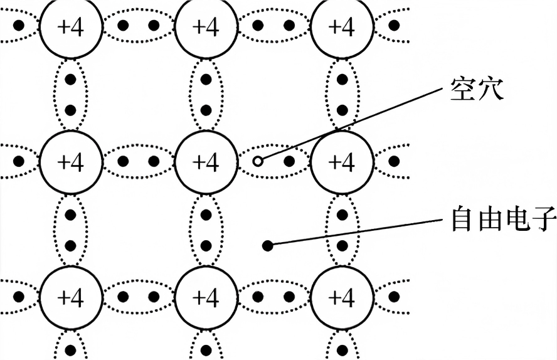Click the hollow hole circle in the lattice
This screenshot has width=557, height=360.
pyautogui.click(x=258, y=162)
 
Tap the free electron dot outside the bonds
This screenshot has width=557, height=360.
pyautogui.click(x=267, y=245)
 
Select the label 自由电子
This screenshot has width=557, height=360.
pyautogui.click(x=503, y=220)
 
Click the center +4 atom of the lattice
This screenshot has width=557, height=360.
pyautogui.click(x=206, y=162)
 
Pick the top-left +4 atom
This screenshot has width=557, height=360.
pyautogui.click(x=71, y=26)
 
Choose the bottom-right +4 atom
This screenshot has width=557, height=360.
pyautogui.click(x=342, y=297)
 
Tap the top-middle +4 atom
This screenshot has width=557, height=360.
pyautogui.click(x=206, y=26)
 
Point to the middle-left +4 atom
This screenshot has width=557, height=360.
pyautogui.click(x=71, y=162)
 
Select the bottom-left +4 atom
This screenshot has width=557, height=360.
pyautogui.click(x=71, y=297)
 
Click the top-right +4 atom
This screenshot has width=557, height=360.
pyautogui.click(x=342, y=26)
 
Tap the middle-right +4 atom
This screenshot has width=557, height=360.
pyautogui.click(x=342, y=162)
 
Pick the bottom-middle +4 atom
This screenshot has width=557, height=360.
pyautogui.click(x=206, y=297)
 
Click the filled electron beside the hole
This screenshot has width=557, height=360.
pyautogui.click(x=289, y=162)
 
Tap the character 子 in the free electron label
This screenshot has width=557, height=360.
pyautogui.click(x=543, y=220)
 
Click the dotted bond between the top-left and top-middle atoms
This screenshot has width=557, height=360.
pyautogui.click(x=139, y=26)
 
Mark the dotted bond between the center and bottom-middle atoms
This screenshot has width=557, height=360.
pyautogui.click(x=206, y=230)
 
